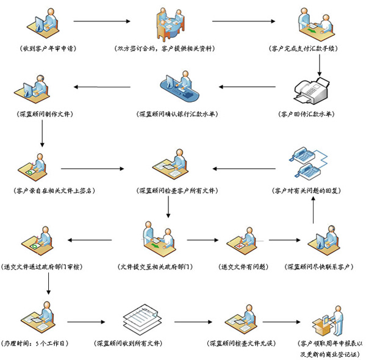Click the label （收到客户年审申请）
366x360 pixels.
48,48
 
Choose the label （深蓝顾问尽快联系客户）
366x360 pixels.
320,267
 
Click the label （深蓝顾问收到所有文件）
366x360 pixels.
132,344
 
